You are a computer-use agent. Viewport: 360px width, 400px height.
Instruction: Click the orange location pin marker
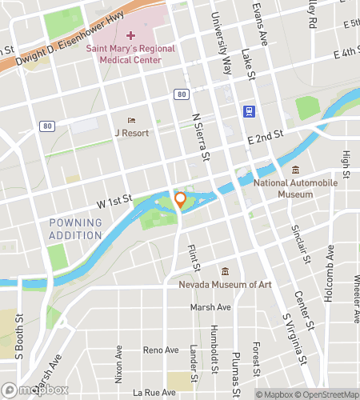pyautogui.click(x=180, y=200)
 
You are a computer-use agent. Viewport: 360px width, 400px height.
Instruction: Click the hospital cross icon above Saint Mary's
pyautogui.click(x=130, y=36)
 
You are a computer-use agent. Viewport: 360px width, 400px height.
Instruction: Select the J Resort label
pyautogui.click(x=131, y=133)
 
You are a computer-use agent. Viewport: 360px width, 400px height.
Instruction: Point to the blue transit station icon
pyautogui.click(x=249, y=111)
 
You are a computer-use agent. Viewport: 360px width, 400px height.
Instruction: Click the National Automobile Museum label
pyautogui.click(x=295, y=188)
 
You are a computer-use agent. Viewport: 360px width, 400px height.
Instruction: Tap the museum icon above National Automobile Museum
pyautogui.click(x=295, y=170)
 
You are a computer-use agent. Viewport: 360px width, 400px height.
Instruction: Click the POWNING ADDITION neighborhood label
pyautogui.click(x=75, y=229)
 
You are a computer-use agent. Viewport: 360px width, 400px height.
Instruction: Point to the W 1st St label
pyautogui.click(x=114, y=206)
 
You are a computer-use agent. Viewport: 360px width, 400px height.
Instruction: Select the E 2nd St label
pyautogui.click(x=264, y=137)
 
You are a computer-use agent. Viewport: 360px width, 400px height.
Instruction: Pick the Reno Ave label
pyautogui.click(x=160, y=350)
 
